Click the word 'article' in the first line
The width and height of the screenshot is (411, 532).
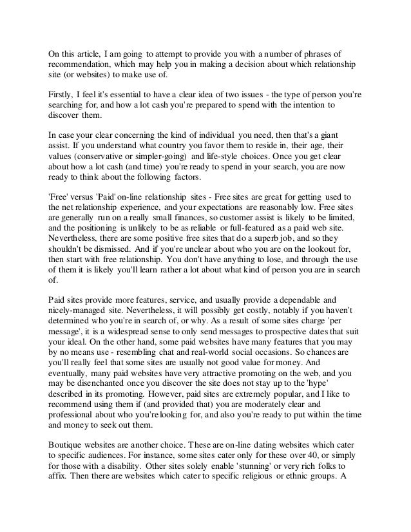point(88,53)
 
